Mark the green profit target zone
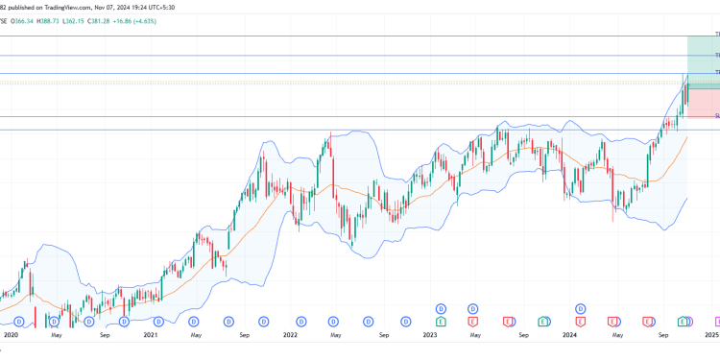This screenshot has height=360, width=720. [x=703, y=60]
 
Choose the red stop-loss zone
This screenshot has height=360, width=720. [x=703, y=104]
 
